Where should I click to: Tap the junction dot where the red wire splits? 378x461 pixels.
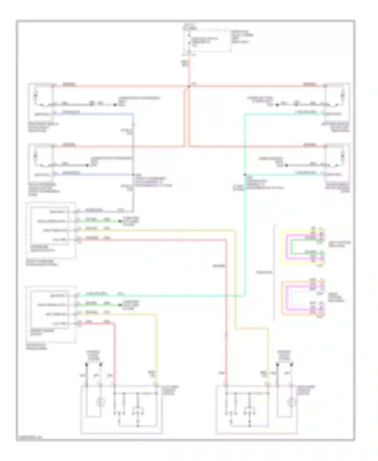point(189,87)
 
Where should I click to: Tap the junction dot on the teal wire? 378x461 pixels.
point(244,175)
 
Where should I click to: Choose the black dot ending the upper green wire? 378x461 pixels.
point(120,221)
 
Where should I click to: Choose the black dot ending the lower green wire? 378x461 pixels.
point(120,305)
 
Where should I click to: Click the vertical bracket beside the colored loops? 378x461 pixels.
point(274,272)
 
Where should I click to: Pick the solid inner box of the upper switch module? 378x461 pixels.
point(49,226)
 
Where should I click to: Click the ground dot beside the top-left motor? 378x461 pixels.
point(115,105)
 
